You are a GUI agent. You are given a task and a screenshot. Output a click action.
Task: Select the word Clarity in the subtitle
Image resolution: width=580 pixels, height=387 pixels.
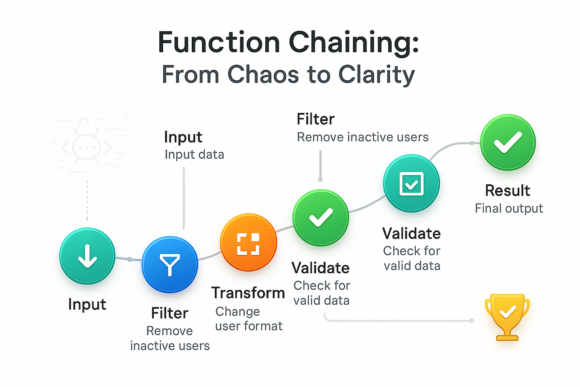(x=376, y=75)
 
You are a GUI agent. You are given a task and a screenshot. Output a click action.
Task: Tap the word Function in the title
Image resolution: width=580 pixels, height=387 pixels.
(x=218, y=43)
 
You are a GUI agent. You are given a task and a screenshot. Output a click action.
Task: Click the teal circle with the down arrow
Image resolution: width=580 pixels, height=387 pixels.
(x=87, y=256)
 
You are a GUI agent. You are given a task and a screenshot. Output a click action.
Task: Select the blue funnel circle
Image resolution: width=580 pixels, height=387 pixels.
(x=170, y=264)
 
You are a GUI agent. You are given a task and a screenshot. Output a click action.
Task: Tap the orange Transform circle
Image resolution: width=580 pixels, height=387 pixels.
(x=248, y=243)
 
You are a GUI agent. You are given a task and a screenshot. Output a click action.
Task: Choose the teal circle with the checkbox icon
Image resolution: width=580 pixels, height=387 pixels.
(x=411, y=183)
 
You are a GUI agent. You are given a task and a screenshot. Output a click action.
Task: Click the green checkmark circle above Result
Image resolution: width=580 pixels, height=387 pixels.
(x=507, y=142)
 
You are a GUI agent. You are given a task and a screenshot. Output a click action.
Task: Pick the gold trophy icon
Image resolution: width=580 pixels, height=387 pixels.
(x=507, y=316)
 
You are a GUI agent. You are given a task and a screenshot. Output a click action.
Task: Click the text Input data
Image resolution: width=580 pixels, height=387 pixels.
(x=194, y=154)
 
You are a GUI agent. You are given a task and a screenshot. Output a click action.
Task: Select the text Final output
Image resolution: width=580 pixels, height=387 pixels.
(x=509, y=208)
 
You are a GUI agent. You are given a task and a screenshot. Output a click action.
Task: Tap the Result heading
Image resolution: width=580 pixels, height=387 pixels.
(x=507, y=190)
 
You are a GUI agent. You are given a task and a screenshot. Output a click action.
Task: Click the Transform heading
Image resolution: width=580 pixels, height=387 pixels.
(x=248, y=293)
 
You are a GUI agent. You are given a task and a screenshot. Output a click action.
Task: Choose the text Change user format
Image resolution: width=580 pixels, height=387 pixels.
(x=249, y=319)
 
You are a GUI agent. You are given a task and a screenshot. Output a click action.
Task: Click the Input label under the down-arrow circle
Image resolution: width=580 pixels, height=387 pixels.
(x=87, y=304)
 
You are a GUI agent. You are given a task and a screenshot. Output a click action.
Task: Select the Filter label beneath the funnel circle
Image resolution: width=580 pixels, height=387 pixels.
(x=170, y=313)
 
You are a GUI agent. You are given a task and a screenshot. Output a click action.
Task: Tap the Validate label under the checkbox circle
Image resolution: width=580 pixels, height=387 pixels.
(x=411, y=233)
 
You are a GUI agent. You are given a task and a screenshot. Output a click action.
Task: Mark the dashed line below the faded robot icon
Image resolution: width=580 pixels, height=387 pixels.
(x=87, y=200)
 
